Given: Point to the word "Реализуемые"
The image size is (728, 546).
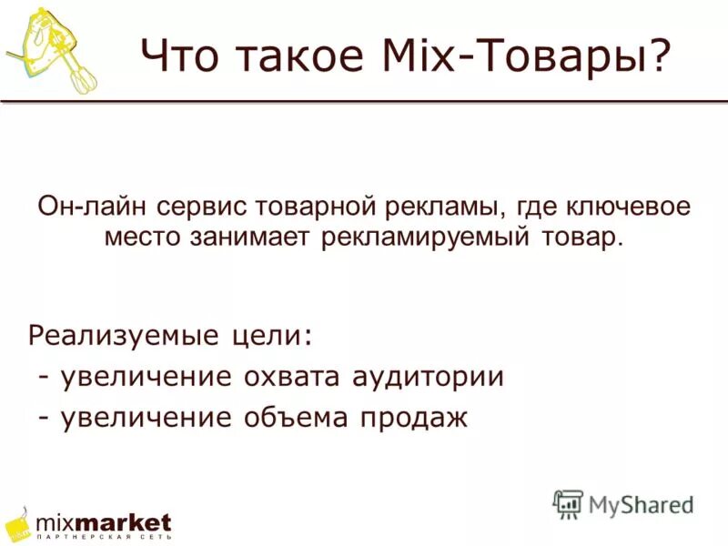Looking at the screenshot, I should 120,336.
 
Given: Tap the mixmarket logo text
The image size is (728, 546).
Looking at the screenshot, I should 103,523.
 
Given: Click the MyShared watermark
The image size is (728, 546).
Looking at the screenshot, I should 623,503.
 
